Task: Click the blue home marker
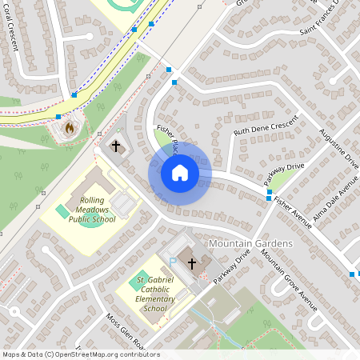point(179,172)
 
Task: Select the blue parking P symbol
point(172,262)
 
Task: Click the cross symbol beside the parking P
point(191,262)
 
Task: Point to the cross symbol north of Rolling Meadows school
point(117,146)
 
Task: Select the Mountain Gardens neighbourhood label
point(250,242)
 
